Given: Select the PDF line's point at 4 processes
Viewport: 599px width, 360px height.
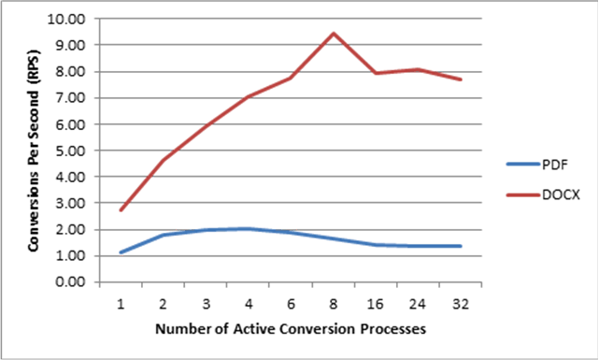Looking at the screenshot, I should tap(249, 228).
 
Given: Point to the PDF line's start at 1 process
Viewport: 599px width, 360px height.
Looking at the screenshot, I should tap(121, 252).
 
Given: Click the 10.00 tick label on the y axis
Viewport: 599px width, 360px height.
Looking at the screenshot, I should tap(71, 19).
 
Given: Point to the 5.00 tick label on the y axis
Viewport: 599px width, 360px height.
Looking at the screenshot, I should tap(73, 150).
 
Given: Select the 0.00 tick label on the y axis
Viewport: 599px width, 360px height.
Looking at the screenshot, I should tap(73, 281).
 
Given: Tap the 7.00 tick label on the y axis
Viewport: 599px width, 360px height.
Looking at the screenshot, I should tap(73, 97).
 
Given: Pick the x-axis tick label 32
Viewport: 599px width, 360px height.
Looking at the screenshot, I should tap(461, 303).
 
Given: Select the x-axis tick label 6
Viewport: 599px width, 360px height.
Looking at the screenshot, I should tap(291, 303).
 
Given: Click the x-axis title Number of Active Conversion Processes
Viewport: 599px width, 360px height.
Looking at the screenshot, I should tap(291, 329).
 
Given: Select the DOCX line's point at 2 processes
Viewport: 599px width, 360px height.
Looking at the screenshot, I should tap(164, 160).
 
